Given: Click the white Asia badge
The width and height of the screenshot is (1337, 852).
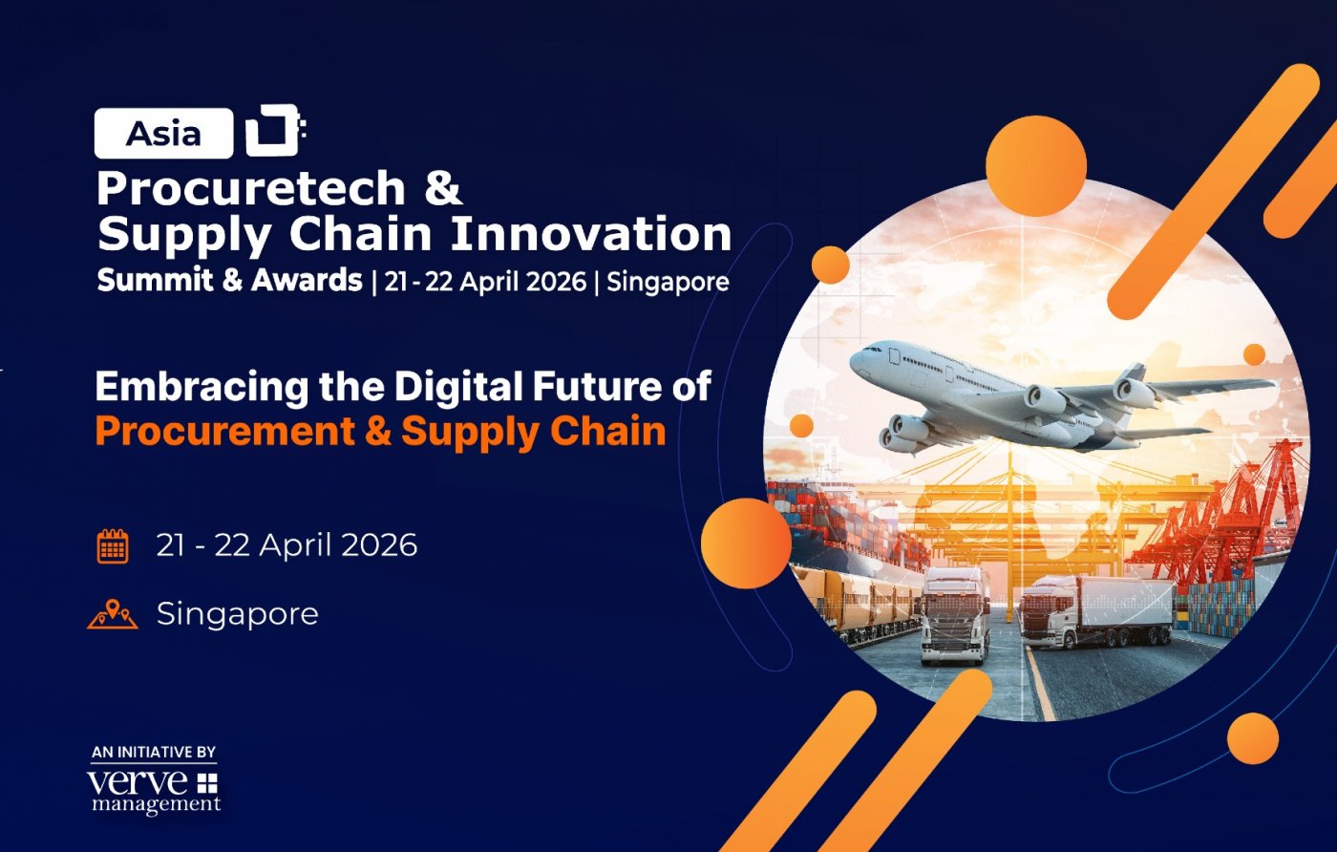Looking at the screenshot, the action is pos(163,133).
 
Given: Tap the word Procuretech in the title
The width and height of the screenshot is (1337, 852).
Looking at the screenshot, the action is pos(251,187).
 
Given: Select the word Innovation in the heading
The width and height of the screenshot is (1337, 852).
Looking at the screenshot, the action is pos(591,233).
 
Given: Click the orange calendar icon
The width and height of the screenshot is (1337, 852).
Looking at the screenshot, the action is pos(113,545).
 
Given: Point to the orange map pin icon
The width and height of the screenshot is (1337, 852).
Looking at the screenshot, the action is pos(113,614).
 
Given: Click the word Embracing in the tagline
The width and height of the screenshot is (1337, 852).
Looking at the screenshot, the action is pos(202,388).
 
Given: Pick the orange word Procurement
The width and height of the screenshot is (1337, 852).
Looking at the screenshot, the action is pos(225,432).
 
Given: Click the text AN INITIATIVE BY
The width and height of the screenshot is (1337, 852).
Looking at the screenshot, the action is pos(154,753).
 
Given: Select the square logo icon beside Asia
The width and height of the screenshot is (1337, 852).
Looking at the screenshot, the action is pos(275,130).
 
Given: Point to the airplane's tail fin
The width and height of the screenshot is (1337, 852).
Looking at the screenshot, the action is pos(1134,376).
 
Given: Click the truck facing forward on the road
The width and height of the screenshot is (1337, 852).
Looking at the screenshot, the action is pos(954,616).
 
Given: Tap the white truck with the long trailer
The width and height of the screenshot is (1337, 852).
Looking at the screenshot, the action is pos(1096,612).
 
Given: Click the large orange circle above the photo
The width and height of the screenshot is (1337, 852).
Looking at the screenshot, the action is pos(1036,165).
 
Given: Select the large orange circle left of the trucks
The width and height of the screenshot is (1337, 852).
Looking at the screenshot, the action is pos(746,543).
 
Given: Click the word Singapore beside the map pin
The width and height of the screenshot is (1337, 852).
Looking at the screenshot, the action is pos(238,615).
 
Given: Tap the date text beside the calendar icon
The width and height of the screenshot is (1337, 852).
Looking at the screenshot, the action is pos(286,545).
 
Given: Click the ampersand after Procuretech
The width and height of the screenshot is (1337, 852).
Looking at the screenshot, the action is pos(443,187).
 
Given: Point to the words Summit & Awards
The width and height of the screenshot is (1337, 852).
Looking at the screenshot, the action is pos(230,280).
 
